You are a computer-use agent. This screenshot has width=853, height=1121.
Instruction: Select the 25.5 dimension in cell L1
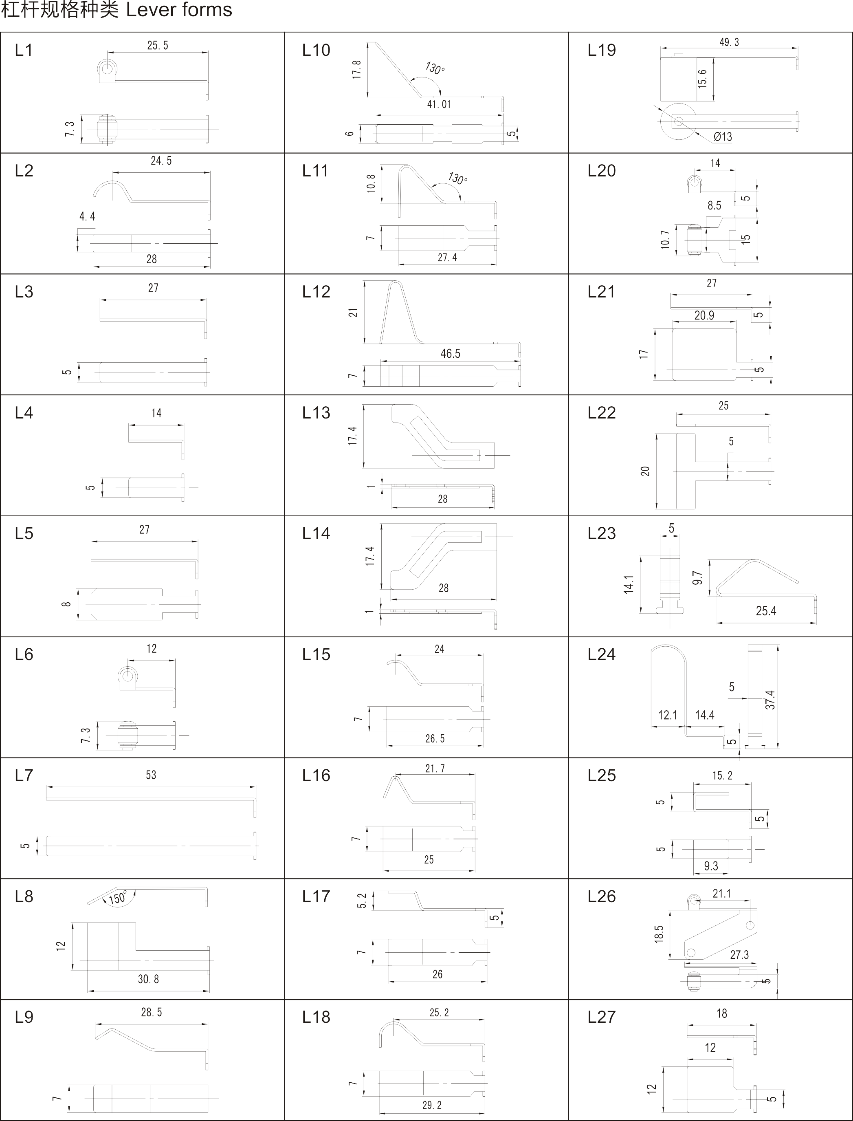pos(157,45)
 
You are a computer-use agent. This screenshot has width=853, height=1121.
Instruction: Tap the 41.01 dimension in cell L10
pos(439,104)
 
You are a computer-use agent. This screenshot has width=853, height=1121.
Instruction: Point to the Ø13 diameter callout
pos(723,137)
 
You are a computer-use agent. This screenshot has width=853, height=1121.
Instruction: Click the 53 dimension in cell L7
pos(151,775)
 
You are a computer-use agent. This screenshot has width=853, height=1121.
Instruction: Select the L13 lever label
pos(316,412)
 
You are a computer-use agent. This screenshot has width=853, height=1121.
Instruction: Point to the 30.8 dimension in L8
pos(148,979)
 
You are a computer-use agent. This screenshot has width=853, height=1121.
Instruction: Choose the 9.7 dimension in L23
pos(697,577)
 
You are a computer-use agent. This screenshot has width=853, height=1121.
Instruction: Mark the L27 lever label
pos(602,1017)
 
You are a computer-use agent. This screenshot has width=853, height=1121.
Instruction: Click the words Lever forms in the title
pos(179,10)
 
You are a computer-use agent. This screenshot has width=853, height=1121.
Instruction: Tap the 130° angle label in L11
pos(458,178)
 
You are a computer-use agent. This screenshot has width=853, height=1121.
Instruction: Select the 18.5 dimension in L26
pos(659,934)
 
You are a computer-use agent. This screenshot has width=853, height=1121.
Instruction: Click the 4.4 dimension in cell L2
pos(87,216)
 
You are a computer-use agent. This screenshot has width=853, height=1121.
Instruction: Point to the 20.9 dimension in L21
pos(704,315)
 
